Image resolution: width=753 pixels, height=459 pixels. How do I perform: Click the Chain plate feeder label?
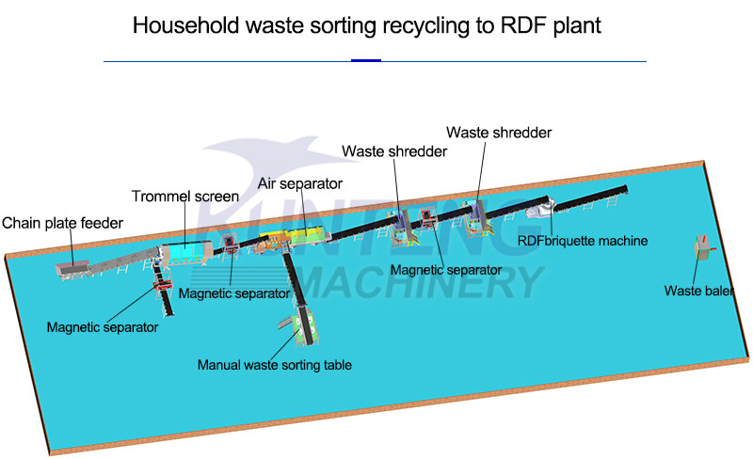click(62, 223)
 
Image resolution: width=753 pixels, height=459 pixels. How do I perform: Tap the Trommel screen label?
click(184, 197)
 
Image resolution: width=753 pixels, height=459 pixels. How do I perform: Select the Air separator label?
click(300, 183)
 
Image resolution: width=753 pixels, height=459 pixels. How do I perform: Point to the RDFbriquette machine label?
click(584, 241)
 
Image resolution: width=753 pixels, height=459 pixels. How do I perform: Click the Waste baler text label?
click(698, 291)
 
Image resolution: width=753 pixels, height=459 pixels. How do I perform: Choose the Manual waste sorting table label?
click(274, 364)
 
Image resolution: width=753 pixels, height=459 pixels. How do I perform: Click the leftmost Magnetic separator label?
click(103, 327)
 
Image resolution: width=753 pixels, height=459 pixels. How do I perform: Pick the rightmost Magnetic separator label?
click(446, 270)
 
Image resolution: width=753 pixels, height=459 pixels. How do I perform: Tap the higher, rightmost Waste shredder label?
click(499, 133)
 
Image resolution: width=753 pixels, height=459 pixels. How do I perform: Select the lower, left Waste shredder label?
click(393, 150)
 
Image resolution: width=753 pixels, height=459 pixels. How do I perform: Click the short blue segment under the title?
click(365, 61)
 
